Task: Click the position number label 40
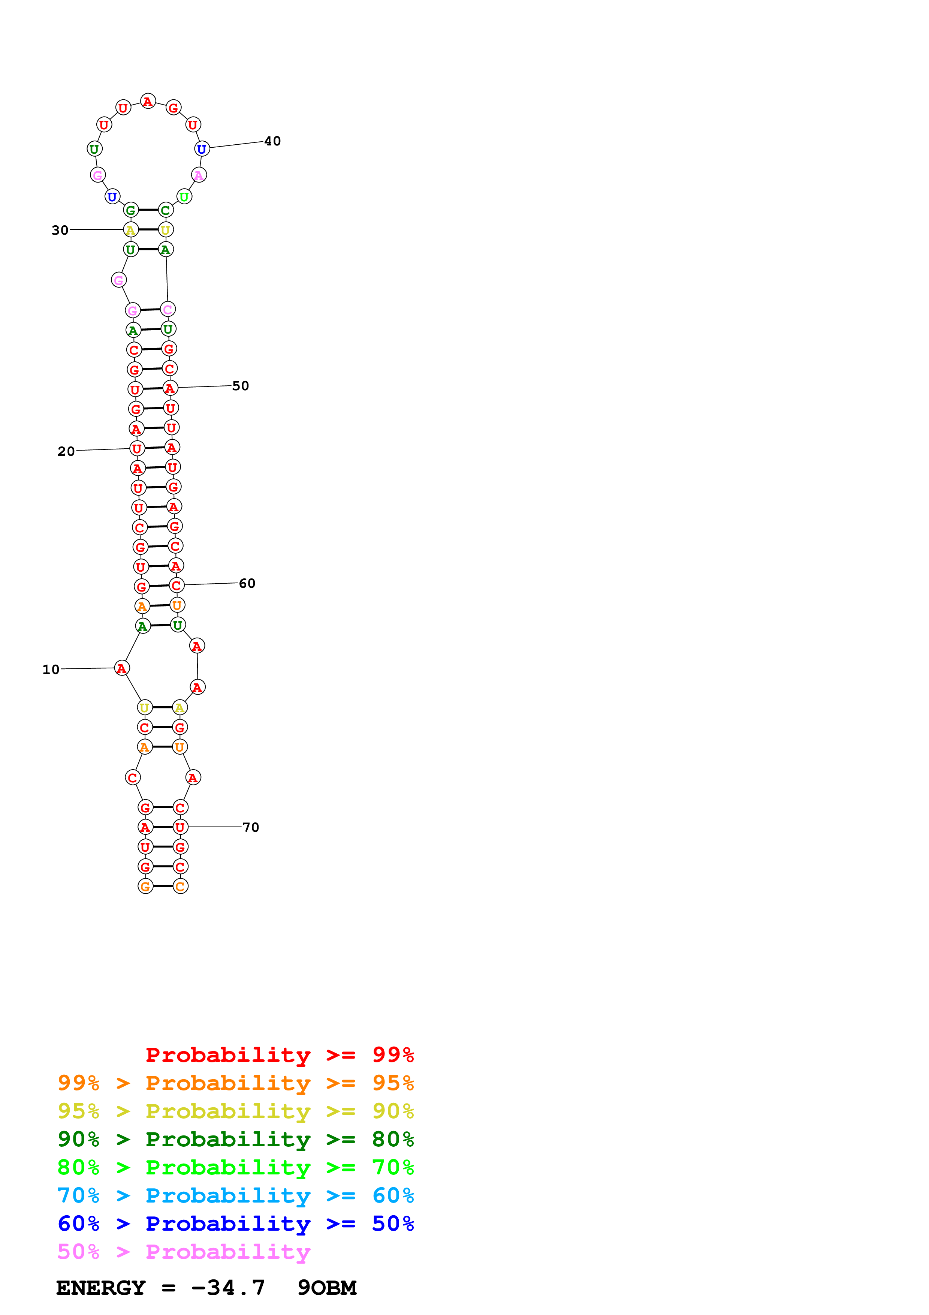272,141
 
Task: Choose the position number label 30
60,230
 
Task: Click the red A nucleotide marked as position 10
121,668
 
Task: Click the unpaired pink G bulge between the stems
118,280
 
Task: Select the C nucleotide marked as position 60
176,585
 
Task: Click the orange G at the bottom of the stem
145,886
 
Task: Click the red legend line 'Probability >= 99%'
279,1054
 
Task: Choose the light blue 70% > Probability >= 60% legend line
235,1195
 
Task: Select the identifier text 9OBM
327,1288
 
